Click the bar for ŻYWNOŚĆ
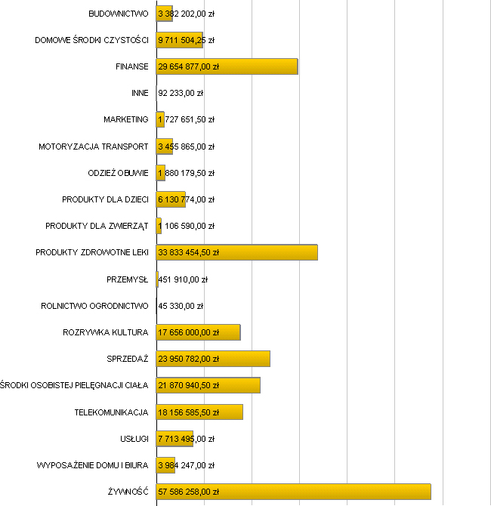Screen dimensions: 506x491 pos(293,492)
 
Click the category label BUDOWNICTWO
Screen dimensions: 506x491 pos(118,14)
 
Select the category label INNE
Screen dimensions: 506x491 pos(140,93)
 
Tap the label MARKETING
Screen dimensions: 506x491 pos(126,119)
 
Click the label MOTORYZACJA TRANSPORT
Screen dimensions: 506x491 pos(94,147)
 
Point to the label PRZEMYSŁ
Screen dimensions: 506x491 pos(128,279)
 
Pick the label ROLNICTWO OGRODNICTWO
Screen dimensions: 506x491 pos(94,306)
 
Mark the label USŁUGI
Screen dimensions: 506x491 pos(133,438)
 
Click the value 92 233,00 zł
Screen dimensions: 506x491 pos(181,93)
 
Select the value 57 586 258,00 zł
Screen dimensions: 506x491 pos(188,492)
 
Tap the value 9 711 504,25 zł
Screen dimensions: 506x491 pos(186,40)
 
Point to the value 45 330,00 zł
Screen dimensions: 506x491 pos(181,306)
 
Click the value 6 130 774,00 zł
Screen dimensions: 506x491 pos(186,199)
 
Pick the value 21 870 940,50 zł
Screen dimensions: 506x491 pos(188,385)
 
